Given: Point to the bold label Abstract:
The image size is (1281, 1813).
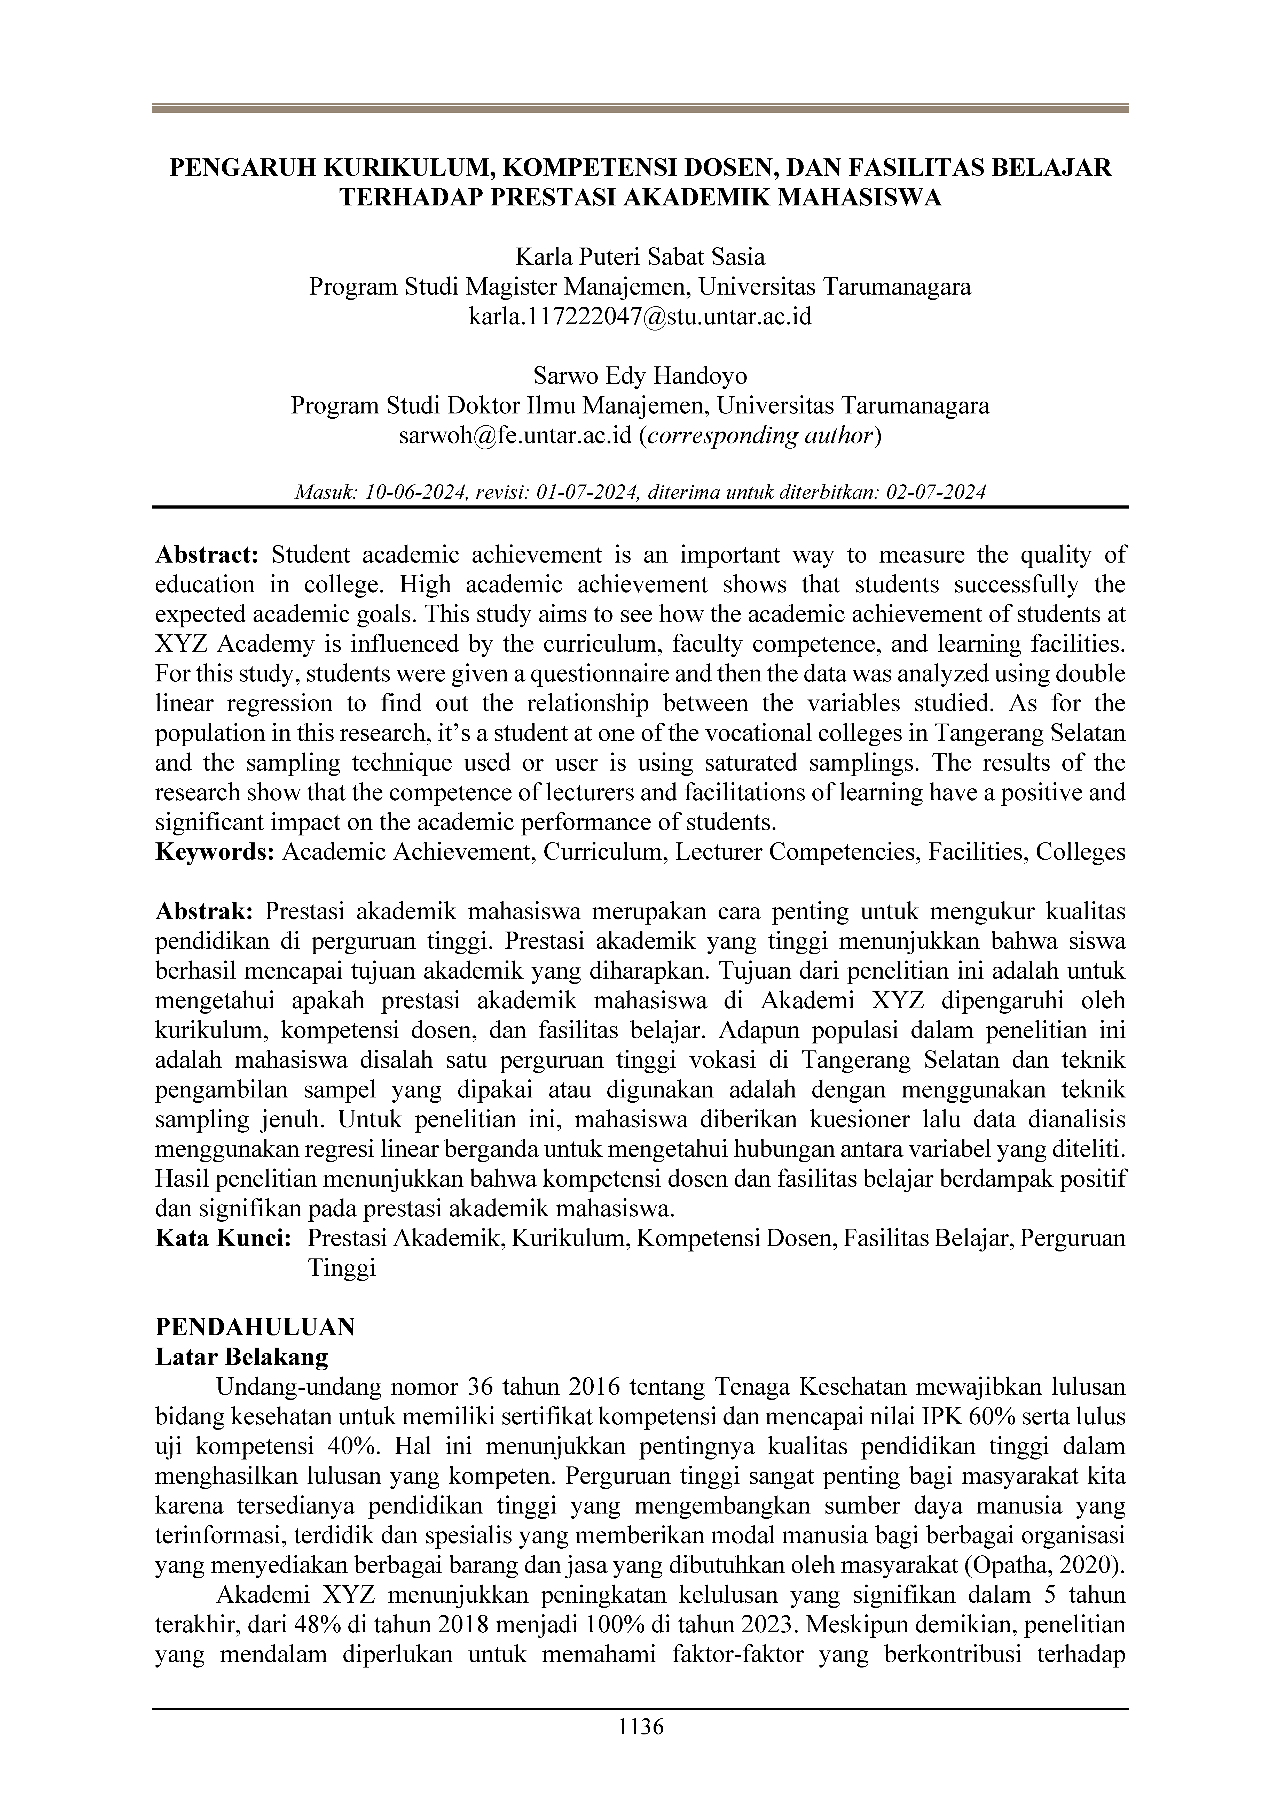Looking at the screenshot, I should (207, 555).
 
